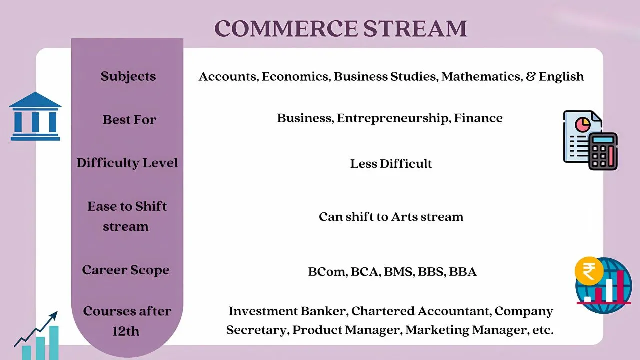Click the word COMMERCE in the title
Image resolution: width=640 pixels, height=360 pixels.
286,28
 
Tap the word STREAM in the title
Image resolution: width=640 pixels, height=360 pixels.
415,28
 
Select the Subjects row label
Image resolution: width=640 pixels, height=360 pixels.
128,76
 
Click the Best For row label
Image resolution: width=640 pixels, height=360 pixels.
129,119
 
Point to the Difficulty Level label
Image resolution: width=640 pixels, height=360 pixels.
127,163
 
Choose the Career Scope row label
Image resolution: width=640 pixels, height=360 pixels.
126,270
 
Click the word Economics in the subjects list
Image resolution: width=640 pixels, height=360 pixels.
296,77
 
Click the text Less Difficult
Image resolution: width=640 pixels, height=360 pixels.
391,164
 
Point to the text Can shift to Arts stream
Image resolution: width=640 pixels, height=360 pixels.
391,217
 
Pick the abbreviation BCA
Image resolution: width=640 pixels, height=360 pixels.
365,272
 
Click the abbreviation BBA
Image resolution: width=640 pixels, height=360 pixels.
463,272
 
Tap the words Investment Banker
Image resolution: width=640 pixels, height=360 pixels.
288,311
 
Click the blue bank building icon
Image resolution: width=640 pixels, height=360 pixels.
35,116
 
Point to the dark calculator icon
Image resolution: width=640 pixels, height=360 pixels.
603,151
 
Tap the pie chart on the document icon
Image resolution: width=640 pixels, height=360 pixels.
583,124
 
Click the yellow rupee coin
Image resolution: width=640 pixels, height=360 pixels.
589,271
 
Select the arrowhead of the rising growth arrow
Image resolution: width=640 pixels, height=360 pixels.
53,315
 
